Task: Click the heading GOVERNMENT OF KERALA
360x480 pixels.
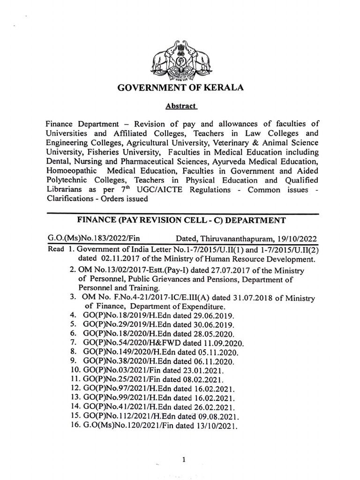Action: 180,88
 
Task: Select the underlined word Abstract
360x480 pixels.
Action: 180,106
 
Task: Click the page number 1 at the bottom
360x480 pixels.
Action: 185,447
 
